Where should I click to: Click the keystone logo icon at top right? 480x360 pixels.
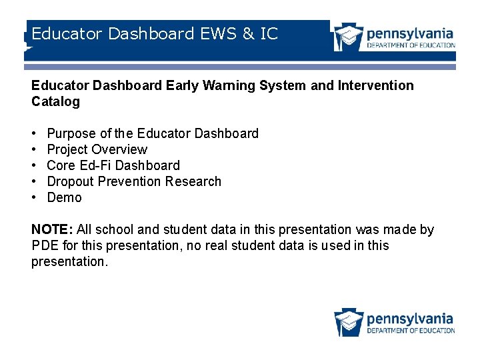coord(349,37)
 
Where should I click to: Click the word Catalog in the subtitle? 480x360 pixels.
coord(55,102)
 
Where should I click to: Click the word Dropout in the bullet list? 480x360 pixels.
coord(71,182)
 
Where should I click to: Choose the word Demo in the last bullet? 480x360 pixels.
coord(64,198)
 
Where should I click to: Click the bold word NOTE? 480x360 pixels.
coord(52,230)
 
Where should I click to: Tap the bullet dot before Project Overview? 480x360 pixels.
coord(34,150)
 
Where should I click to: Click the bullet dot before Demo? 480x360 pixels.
coord(34,198)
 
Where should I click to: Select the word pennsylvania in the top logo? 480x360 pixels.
coord(410,33)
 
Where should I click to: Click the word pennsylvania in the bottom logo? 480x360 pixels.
coord(410,319)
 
